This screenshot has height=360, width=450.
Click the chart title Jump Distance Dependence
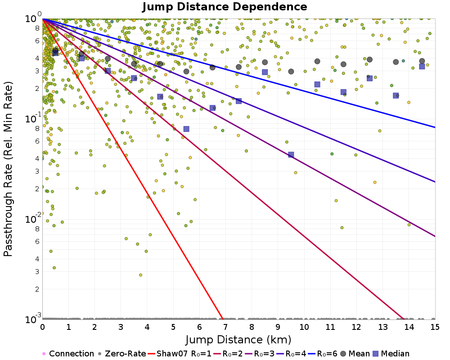pos(225,7)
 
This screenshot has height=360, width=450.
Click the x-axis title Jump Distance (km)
pos(238,340)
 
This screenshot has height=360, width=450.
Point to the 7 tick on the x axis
pos(225,327)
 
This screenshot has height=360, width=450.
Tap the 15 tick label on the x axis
pos(435,327)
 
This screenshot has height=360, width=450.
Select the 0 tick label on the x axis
pos(42,327)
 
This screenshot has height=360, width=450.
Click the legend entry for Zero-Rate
pos(121,353)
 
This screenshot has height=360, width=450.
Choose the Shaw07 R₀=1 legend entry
pos(180,353)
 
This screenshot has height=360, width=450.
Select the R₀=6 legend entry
pos(322,353)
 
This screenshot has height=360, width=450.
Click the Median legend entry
pos(391,353)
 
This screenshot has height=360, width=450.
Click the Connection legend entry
pos(68,353)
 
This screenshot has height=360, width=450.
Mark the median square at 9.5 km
pos(291,155)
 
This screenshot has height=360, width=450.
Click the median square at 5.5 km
pos(186,129)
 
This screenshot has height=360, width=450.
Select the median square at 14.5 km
pos(422,66)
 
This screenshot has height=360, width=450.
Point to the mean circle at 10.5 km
pos(317,62)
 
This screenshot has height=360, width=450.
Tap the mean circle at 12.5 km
pos(369,59)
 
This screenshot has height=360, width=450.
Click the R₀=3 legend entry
pos(259,353)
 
